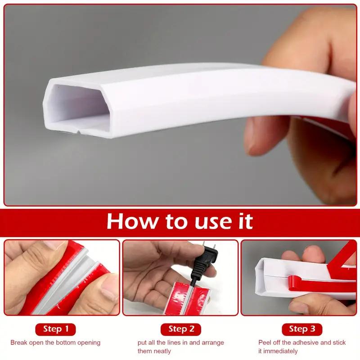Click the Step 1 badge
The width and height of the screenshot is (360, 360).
(x=55, y=329)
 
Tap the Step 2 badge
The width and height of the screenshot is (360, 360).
(x=181, y=329)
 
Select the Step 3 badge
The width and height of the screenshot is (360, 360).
(x=302, y=329)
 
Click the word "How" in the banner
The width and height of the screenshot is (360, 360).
(x=132, y=221)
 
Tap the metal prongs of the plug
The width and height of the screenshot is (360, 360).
(x=209, y=247)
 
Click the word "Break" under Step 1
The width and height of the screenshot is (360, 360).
(x=18, y=342)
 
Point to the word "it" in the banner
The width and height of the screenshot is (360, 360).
(x=246, y=221)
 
